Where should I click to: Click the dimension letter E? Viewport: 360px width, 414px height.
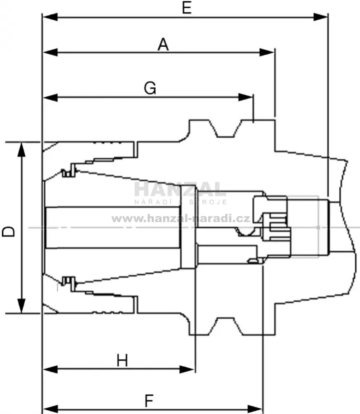click(x=186, y=8)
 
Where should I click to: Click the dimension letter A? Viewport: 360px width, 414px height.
click(x=163, y=44)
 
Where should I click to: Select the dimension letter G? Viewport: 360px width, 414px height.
click(x=150, y=88)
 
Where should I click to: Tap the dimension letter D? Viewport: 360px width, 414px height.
click(x=8, y=232)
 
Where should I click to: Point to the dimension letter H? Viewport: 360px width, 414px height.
click(x=122, y=360)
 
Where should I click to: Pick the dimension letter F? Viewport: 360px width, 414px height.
click(x=149, y=401)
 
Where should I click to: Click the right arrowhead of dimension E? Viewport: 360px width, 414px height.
click(x=320, y=17)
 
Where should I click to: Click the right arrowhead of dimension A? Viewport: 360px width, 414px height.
click(x=267, y=52)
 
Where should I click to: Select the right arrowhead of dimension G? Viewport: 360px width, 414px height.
click(x=246, y=97)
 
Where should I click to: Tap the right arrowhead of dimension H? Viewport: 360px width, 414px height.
click(x=187, y=369)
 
